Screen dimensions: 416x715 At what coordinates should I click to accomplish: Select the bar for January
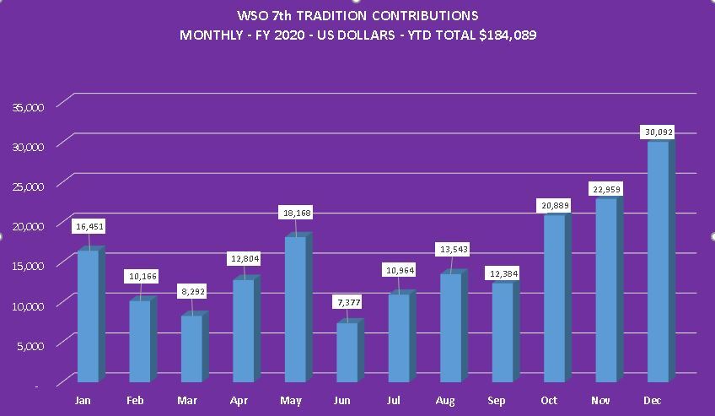point(88,316)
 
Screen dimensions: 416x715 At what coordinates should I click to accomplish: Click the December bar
point(658,262)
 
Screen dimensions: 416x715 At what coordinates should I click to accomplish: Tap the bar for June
point(347,352)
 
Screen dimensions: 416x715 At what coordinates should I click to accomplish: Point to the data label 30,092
point(658,132)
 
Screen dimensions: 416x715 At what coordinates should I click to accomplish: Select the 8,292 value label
point(191,291)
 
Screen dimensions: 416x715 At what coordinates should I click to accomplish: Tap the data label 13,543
point(452,249)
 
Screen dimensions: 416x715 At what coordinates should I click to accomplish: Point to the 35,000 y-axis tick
point(29,106)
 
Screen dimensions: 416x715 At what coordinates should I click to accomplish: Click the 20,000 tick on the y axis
point(29,226)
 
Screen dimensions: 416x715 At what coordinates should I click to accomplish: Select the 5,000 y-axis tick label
point(32,345)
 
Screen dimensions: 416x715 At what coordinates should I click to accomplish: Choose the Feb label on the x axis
point(135,401)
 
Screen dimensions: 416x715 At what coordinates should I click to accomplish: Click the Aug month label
point(446,401)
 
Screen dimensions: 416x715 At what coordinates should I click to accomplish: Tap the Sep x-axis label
point(497,401)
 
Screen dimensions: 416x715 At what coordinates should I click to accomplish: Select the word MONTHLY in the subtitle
point(209,35)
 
